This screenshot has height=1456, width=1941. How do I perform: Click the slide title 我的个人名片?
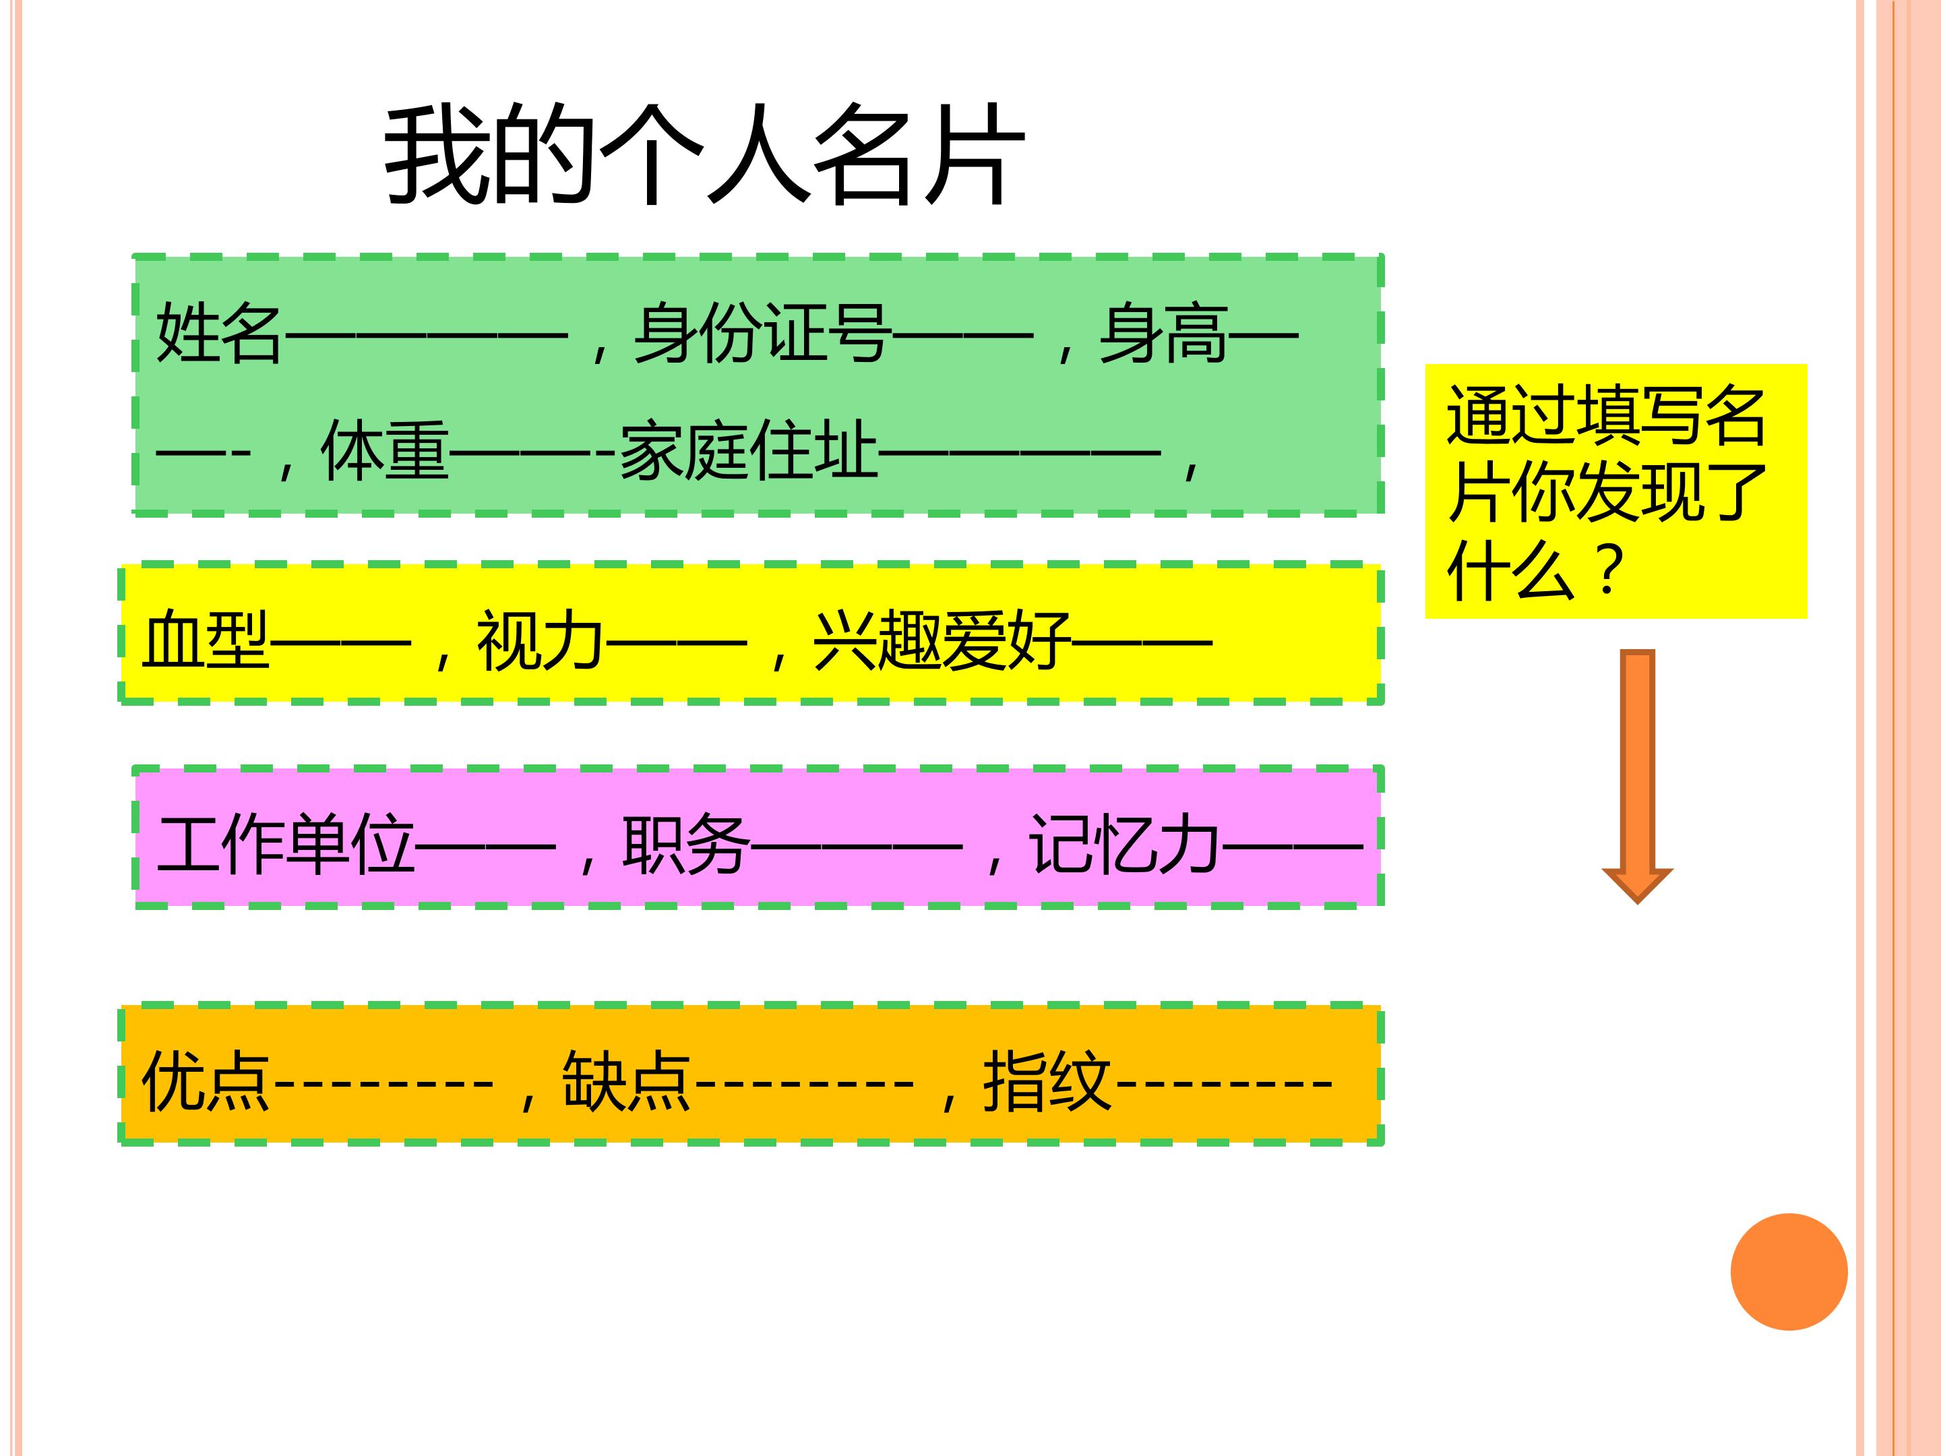pos(704,154)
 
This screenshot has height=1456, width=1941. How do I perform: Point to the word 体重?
pos(386,450)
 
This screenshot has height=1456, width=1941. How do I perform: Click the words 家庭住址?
pos(749,450)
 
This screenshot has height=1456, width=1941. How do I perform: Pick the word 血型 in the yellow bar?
pos(206,640)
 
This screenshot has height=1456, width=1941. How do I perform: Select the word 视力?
pos(541,640)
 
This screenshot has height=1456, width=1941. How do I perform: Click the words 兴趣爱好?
pos(942,640)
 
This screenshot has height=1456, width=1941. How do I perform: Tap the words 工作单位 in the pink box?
pos(286,845)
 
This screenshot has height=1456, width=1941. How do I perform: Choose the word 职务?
pos(686,845)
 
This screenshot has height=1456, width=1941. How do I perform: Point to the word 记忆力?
pos(1125,845)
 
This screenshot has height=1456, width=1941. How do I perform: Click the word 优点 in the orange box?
pos(206,1081)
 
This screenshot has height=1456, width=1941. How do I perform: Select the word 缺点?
pos(627,1081)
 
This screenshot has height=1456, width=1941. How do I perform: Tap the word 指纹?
pos(1047,1081)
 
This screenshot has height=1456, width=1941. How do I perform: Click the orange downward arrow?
pos(1638,776)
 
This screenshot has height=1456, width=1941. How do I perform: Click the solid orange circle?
pos(1789,1272)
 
